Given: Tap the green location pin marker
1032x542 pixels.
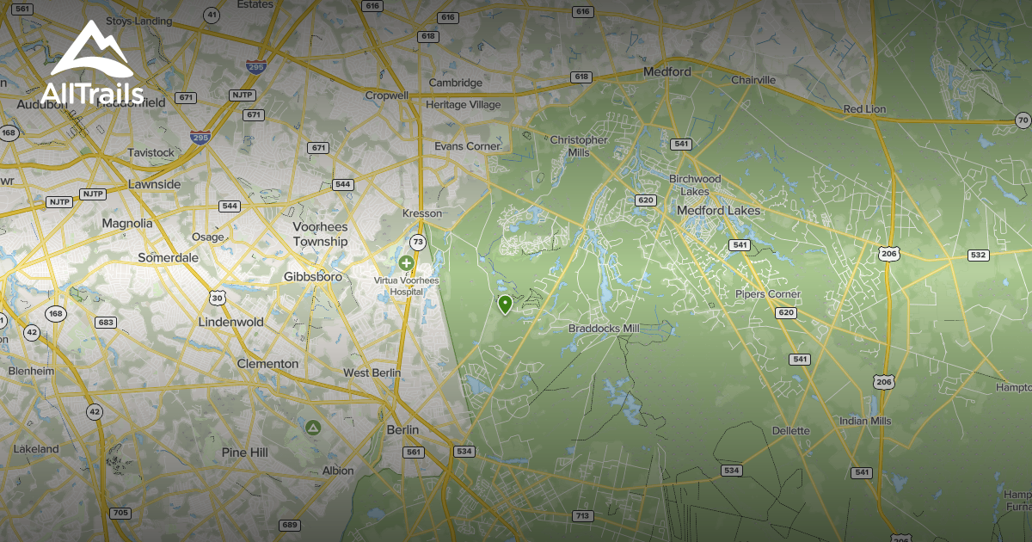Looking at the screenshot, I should [x=505, y=304].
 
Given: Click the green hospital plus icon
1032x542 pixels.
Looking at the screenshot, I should [x=406, y=262].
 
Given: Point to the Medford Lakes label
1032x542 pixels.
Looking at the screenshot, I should [x=718, y=210].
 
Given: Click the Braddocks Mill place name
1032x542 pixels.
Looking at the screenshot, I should [x=604, y=329].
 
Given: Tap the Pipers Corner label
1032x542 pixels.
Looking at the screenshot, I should [x=767, y=294].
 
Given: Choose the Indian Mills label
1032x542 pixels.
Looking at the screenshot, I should [x=866, y=421].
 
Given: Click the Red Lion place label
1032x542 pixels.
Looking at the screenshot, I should [x=864, y=109].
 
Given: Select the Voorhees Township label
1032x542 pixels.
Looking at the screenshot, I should [x=320, y=234].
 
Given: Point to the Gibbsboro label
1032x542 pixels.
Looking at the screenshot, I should [x=313, y=277].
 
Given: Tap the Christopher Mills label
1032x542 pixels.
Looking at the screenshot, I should [x=579, y=146].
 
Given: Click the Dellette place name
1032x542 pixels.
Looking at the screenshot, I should [x=790, y=430].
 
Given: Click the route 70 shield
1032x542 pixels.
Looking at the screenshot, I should [x=1022, y=120].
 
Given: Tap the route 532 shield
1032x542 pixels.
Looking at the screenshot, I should [x=978, y=255].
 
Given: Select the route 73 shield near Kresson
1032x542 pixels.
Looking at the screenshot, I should [x=418, y=242].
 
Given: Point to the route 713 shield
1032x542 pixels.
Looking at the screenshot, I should [x=582, y=515].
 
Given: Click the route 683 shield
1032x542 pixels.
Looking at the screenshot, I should [x=106, y=323].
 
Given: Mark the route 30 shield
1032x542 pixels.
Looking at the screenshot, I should [x=217, y=298].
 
